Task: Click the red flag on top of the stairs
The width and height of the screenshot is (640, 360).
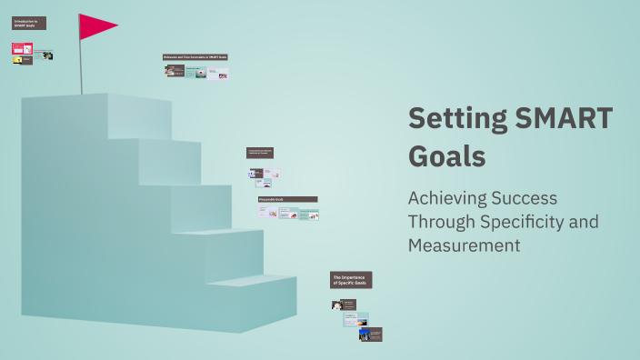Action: coord(95,26)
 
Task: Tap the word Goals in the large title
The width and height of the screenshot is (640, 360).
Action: coord(446,155)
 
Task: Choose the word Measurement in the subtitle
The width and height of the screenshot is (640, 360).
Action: coord(464,245)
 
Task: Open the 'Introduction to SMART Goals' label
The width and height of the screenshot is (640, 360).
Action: coord(29,23)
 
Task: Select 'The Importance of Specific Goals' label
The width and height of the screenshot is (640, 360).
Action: coord(352,280)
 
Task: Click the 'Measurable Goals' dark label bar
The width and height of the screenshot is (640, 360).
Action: coord(287,199)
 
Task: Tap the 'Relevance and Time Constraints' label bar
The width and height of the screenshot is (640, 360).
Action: coord(195,57)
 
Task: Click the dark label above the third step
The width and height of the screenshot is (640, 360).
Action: coord(259,153)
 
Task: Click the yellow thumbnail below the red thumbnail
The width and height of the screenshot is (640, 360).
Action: coord(17,61)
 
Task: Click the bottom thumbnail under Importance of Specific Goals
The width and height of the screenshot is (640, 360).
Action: coord(370,334)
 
